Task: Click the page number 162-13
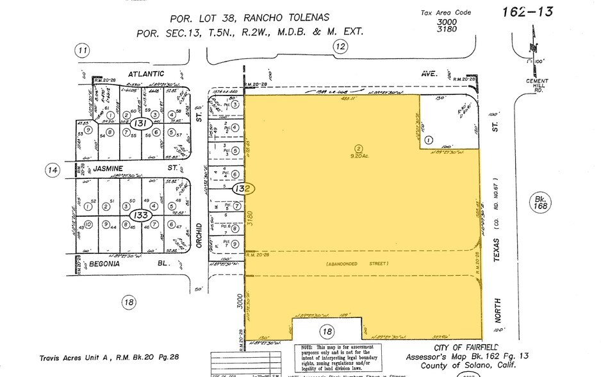[527, 12]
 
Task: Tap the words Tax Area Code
[445, 12]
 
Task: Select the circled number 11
[81, 51]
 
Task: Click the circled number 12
[340, 46]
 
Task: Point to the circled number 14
[52, 170]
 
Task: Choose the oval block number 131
[142, 123]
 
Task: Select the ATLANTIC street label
[145, 74]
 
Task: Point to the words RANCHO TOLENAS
[284, 19]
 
